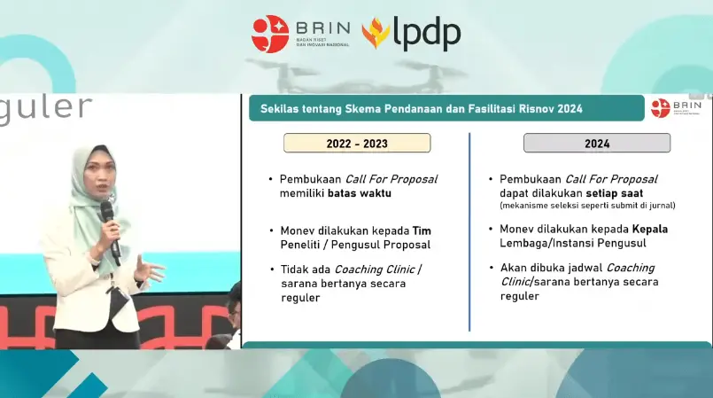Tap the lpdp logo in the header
411,34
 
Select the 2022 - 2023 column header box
357,143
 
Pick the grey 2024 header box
596,143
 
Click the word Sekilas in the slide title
283,108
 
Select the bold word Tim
422,230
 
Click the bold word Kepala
650,229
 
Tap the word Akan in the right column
515,268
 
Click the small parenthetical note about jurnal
588,206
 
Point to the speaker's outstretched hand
151,269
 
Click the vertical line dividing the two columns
469,230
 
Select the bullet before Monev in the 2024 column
491,230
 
